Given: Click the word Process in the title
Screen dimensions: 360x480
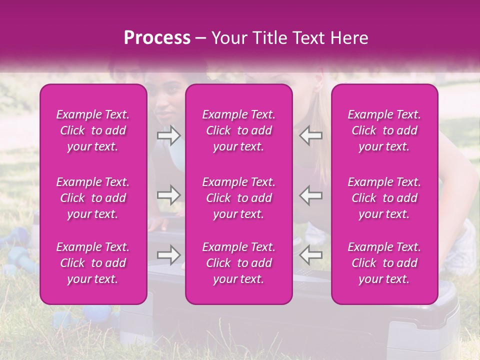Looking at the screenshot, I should pos(157,38).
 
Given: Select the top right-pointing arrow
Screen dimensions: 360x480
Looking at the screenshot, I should pos(169,135).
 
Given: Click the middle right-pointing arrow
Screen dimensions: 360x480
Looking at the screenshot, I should pos(169,195).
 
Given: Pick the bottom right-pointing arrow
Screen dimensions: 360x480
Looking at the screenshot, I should pos(169,255).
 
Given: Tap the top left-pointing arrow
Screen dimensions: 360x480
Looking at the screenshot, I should pos(311,135).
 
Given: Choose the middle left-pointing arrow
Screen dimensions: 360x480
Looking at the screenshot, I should pos(311,195).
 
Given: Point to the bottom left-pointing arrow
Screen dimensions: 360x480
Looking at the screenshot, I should pos(311,255).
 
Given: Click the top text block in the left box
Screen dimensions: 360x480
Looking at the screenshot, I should pos(93,130).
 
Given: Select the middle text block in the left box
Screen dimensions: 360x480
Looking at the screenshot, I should pos(93,198).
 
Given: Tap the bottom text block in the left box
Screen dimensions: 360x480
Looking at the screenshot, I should pos(93,263).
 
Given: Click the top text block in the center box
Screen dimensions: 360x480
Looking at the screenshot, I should pos(239,130).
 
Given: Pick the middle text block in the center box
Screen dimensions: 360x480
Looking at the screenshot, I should pos(239,198).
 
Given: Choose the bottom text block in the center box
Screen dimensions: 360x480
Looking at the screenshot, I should pos(239,263).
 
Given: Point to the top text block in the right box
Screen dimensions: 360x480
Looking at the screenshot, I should pos(384,130).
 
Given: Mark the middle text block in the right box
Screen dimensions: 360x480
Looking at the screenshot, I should pos(384,198).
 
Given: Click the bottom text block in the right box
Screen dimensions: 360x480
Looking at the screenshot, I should pos(384,263).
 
